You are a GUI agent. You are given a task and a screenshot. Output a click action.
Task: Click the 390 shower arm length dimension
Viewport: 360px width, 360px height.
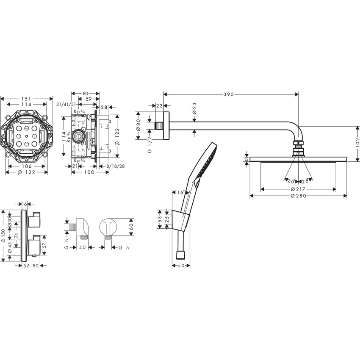(x=229, y=94)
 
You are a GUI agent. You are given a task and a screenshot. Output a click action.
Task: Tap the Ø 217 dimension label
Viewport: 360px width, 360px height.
(x=299, y=188)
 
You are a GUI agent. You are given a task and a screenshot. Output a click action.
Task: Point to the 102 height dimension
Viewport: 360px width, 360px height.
(x=357, y=141)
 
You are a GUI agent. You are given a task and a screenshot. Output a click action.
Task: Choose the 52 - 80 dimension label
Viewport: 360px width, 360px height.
(x=31, y=266)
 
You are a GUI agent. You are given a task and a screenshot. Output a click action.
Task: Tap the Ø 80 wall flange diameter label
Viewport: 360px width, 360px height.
(x=138, y=125)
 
